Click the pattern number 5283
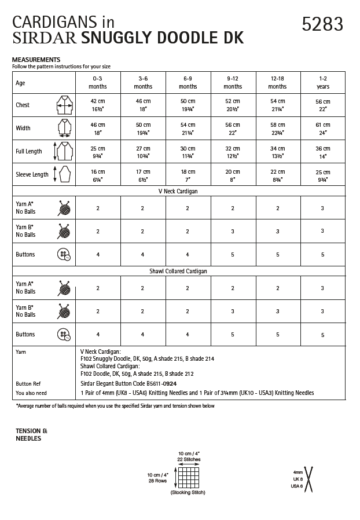pos(322,24)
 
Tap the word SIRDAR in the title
pos(45,39)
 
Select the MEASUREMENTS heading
pos(36,60)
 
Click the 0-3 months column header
pos(98,82)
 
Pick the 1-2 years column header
pos(322,82)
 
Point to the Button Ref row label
pos(28,383)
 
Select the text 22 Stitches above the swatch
pos(189,459)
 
